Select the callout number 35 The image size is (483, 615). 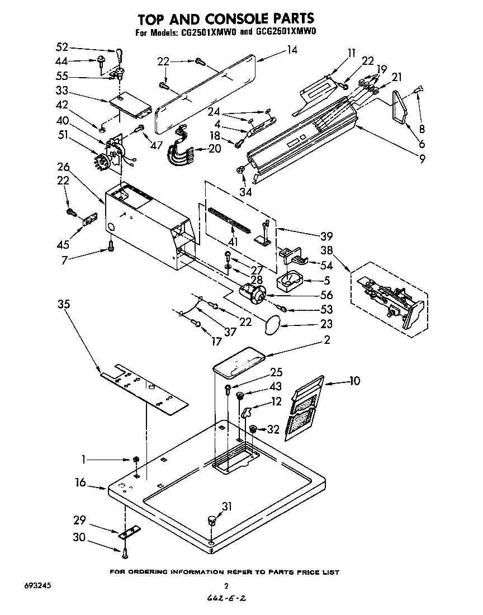(x=63, y=304)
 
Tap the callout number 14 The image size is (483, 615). (x=291, y=49)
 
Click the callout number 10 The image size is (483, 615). (x=354, y=381)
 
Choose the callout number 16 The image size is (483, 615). (x=82, y=482)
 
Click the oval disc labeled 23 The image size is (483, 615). (x=272, y=325)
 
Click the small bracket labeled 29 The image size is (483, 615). (x=130, y=531)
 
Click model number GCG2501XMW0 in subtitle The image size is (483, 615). (x=286, y=32)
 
